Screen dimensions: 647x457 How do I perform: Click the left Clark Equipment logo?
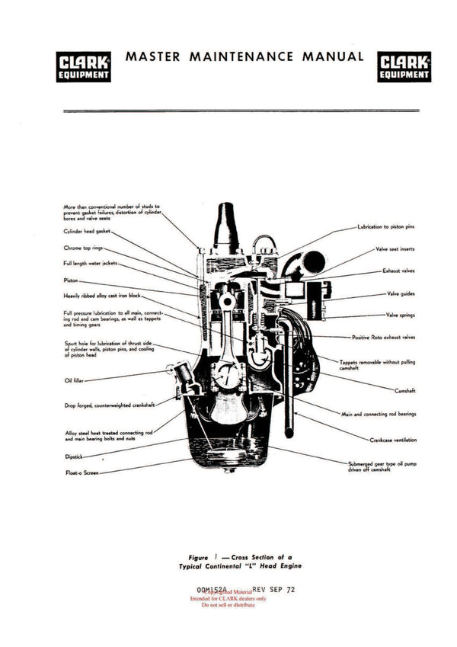(x=83, y=66)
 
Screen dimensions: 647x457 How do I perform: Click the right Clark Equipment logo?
(x=404, y=66)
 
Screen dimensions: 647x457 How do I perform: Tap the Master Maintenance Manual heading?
(x=244, y=56)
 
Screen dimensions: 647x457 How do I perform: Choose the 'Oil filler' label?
(x=74, y=380)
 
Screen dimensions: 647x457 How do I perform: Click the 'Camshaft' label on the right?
(x=404, y=390)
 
